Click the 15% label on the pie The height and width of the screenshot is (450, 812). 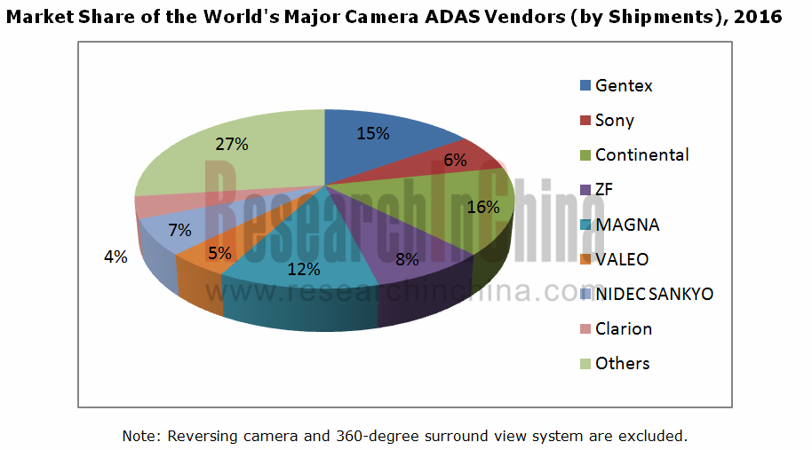(x=373, y=134)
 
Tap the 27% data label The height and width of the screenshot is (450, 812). (x=231, y=142)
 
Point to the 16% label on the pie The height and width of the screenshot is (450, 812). (x=483, y=207)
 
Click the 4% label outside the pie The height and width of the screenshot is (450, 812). (x=115, y=257)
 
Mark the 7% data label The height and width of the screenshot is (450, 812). (x=180, y=230)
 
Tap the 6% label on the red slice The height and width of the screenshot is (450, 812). (x=456, y=160)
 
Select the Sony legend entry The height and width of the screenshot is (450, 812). (x=614, y=121)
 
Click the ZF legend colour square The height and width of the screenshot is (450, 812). (x=585, y=190)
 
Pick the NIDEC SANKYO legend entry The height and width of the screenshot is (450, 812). (x=654, y=294)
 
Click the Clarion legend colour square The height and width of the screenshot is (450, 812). (x=585, y=328)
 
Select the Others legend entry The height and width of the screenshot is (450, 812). (x=622, y=363)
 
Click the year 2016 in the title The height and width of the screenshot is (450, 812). (x=763, y=17)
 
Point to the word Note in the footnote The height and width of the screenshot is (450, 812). (x=139, y=436)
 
